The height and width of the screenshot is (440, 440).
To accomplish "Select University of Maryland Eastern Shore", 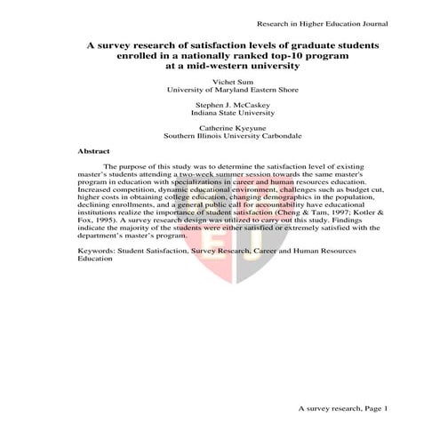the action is [x=220, y=90].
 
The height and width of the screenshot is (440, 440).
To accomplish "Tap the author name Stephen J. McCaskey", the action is [x=220, y=105].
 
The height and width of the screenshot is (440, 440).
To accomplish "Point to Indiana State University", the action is [x=220, y=114].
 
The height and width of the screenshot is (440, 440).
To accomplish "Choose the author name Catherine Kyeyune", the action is [x=220, y=129].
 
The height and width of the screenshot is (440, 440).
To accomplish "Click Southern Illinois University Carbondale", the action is [x=220, y=138].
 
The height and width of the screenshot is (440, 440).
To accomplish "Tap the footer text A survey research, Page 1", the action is [x=342, y=407].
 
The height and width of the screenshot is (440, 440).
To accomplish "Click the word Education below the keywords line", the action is [x=96, y=260].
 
